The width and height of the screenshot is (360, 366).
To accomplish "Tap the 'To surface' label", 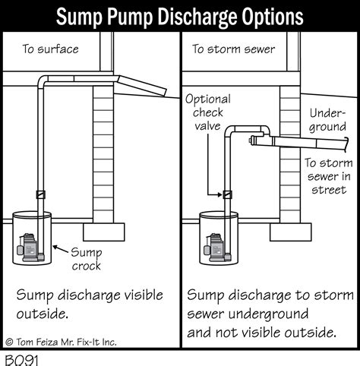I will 50,50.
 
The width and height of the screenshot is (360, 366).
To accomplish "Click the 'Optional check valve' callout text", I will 207,112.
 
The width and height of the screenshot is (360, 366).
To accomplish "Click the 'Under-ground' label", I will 327,120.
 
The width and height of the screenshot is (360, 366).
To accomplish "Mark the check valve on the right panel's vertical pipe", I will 226,194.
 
